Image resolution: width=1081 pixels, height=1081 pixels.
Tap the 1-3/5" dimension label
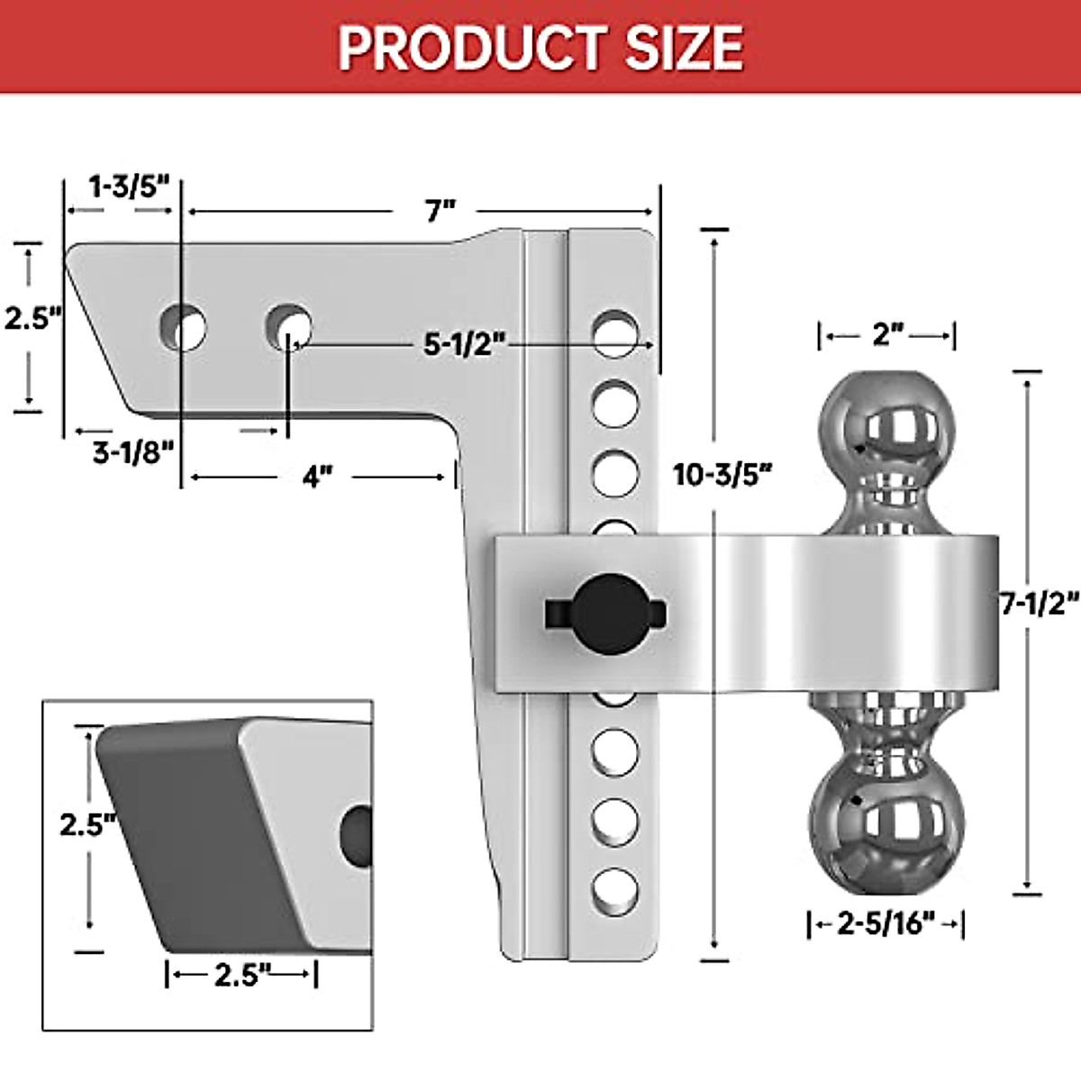129,186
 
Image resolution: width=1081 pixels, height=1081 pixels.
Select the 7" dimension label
441,212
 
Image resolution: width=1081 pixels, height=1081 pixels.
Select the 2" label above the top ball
887,335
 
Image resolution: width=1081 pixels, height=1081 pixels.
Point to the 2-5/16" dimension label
886,924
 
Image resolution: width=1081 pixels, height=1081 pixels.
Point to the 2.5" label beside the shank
32,318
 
